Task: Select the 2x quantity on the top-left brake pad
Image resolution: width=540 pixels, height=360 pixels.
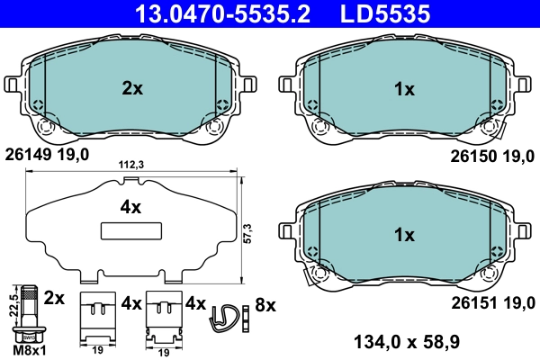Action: point(132,88)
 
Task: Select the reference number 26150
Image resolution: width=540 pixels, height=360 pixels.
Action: point(472,155)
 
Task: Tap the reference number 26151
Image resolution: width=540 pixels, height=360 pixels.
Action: point(472,302)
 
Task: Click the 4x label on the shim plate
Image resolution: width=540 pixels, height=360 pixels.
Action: point(131,207)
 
